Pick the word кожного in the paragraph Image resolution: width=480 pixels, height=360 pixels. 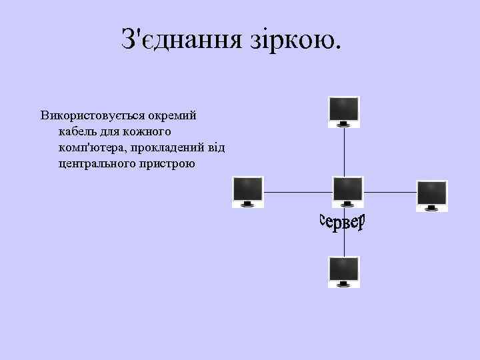(x=147, y=131)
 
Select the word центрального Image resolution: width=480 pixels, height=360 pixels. (x=96, y=163)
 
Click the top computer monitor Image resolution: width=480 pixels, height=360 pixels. (x=344, y=109)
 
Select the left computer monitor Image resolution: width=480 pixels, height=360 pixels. (x=248, y=191)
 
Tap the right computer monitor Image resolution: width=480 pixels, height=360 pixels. (x=432, y=195)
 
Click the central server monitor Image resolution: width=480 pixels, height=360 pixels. (x=347, y=191)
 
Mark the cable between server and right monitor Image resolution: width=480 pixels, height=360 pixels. (x=389, y=192)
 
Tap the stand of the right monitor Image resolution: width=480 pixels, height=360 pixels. (x=432, y=208)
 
